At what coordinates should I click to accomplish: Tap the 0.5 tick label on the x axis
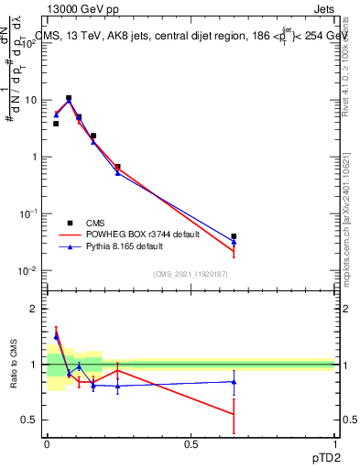click(191, 443)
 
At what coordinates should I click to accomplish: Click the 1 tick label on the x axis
click(335, 443)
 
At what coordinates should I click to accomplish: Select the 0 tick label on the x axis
click(47, 443)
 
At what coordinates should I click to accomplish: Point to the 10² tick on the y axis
click(30, 41)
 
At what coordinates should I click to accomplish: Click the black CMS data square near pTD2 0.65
click(234, 236)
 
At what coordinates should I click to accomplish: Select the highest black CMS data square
click(69, 98)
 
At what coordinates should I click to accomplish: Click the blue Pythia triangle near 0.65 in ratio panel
click(234, 382)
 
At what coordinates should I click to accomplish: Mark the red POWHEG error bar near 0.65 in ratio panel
click(234, 414)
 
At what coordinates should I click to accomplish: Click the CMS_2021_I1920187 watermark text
click(191, 274)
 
